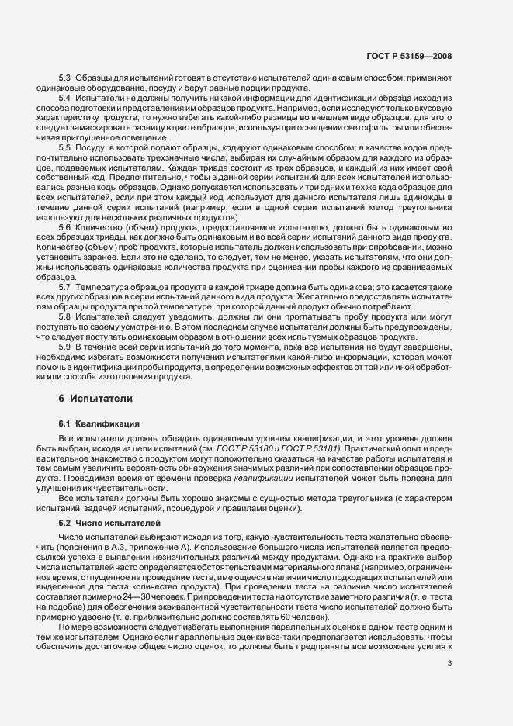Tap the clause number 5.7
(x=65, y=287)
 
